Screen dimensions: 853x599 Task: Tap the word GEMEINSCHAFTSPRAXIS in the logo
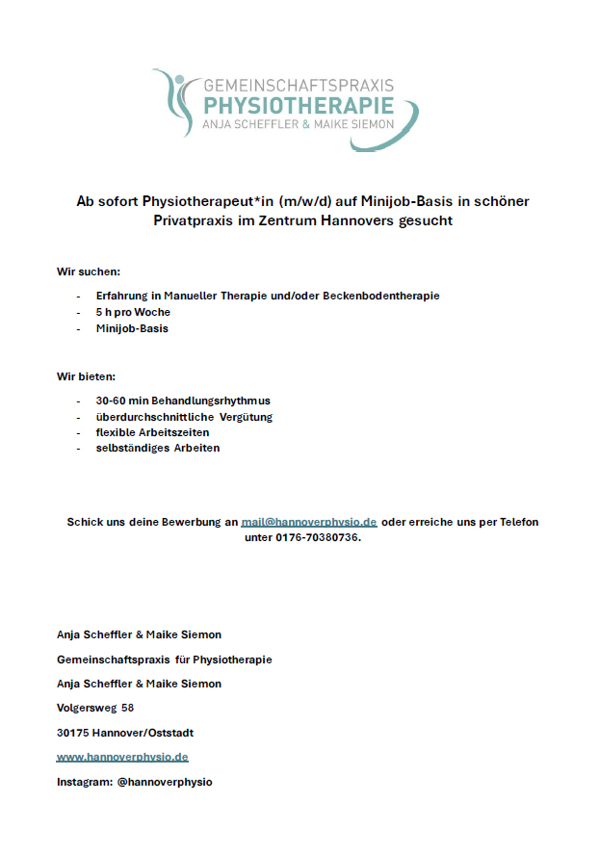[x=299, y=86]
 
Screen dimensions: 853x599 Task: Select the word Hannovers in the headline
[x=371, y=220]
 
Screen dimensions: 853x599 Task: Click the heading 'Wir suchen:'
[x=89, y=271]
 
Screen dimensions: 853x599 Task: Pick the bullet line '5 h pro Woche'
[x=133, y=313]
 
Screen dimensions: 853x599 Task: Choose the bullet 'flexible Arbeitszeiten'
[x=152, y=432]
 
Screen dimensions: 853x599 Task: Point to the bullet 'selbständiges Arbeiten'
[x=158, y=448]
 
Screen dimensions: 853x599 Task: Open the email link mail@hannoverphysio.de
[x=309, y=522]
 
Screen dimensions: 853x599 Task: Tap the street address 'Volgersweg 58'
[x=95, y=708]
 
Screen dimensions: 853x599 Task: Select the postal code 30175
[x=73, y=733]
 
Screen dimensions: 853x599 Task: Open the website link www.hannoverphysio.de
[x=122, y=758]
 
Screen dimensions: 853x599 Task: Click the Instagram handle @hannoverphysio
[x=165, y=782]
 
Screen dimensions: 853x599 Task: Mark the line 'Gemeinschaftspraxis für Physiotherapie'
[x=165, y=659]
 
